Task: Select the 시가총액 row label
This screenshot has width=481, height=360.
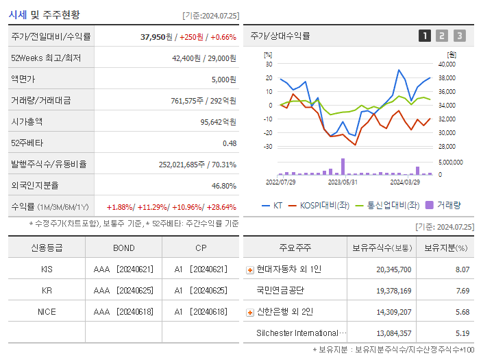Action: point(27,122)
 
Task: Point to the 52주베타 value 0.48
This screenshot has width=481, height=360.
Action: point(229,143)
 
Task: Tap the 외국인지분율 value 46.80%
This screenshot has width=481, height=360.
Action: point(223,186)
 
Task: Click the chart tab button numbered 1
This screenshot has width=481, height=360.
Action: point(425,36)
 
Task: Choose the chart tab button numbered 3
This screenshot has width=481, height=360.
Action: point(459,36)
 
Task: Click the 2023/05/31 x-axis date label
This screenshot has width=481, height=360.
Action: point(343,182)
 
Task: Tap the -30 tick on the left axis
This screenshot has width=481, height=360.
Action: point(268,147)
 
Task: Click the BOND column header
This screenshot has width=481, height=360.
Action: point(123,248)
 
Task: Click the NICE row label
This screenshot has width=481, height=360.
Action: point(47,312)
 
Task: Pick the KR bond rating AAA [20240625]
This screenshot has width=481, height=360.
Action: point(123,291)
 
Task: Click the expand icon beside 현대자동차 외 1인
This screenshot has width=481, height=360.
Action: point(249,270)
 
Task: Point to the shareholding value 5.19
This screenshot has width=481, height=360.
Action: point(463,333)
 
